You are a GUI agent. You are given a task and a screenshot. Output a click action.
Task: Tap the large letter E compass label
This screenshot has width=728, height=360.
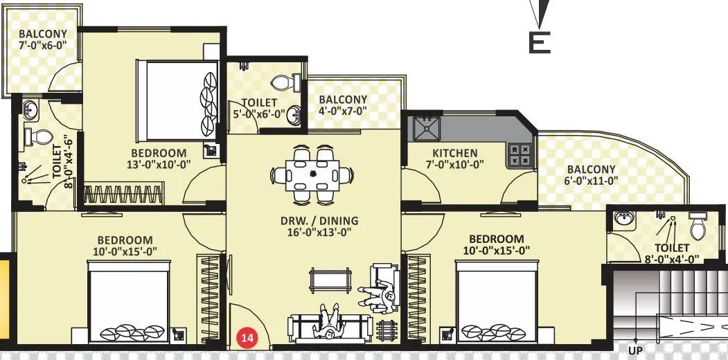tap(540, 42)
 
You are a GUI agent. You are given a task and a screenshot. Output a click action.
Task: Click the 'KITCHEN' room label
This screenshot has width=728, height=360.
tap(455, 153)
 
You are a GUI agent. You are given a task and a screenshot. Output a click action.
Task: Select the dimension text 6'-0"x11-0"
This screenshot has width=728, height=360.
tap(591, 182)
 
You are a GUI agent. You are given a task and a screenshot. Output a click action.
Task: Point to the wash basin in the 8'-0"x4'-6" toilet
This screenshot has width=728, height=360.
tap(30, 109)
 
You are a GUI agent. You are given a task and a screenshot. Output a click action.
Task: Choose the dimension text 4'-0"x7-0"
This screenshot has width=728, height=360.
tap(342, 111)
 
